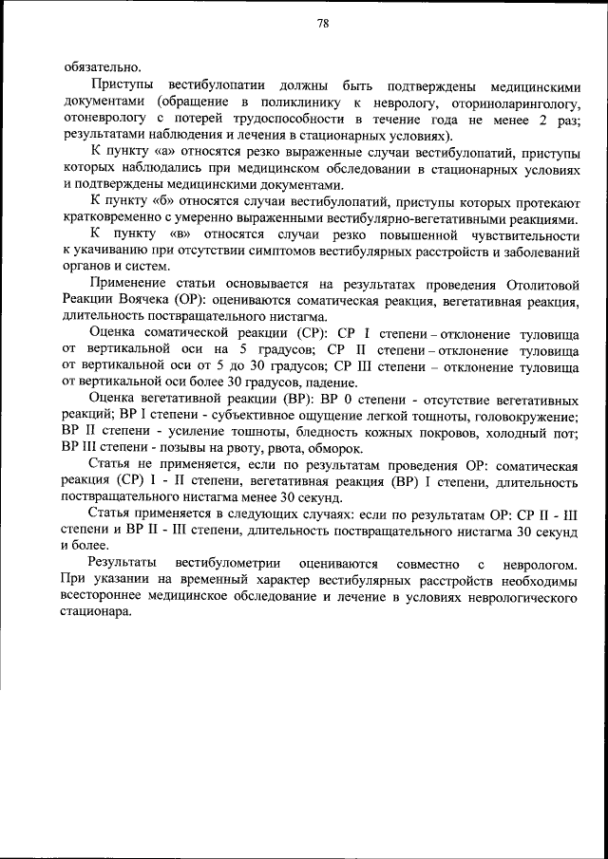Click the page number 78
(323, 26)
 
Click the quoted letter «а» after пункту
(156, 152)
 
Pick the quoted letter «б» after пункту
(156, 202)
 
